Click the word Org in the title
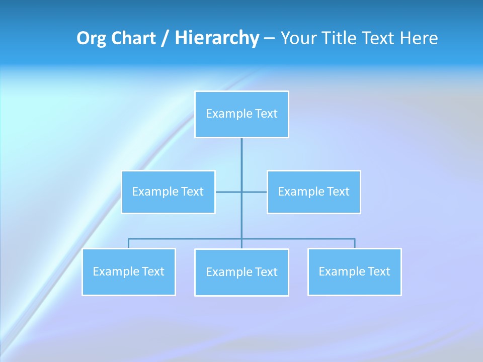(x=91, y=38)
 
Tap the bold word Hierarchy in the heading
(x=217, y=38)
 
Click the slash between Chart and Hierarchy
(x=165, y=38)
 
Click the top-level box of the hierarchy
(x=242, y=114)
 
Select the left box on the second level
(x=168, y=192)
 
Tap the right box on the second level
(x=313, y=192)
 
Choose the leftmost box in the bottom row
(x=129, y=271)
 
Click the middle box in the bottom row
(x=242, y=272)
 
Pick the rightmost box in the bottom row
(x=354, y=271)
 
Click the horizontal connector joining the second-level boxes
(x=229, y=192)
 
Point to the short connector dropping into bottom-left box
(x=129, y=243)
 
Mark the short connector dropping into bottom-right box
(x=354, y=243)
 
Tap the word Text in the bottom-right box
(x=378, y=271)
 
